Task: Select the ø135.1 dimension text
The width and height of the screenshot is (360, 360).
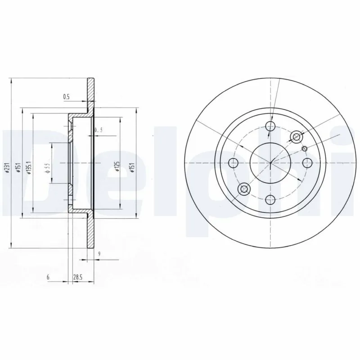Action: pyautogui.click(x=28, y=167)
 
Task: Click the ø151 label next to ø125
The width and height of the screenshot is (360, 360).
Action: pyautogui.click(x=132, y=167)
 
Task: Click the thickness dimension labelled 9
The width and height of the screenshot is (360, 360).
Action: pyautogui.click(x=98, y=254)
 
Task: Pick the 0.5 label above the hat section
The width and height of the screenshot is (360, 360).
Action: pyautogui.click(x=66, y=96)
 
